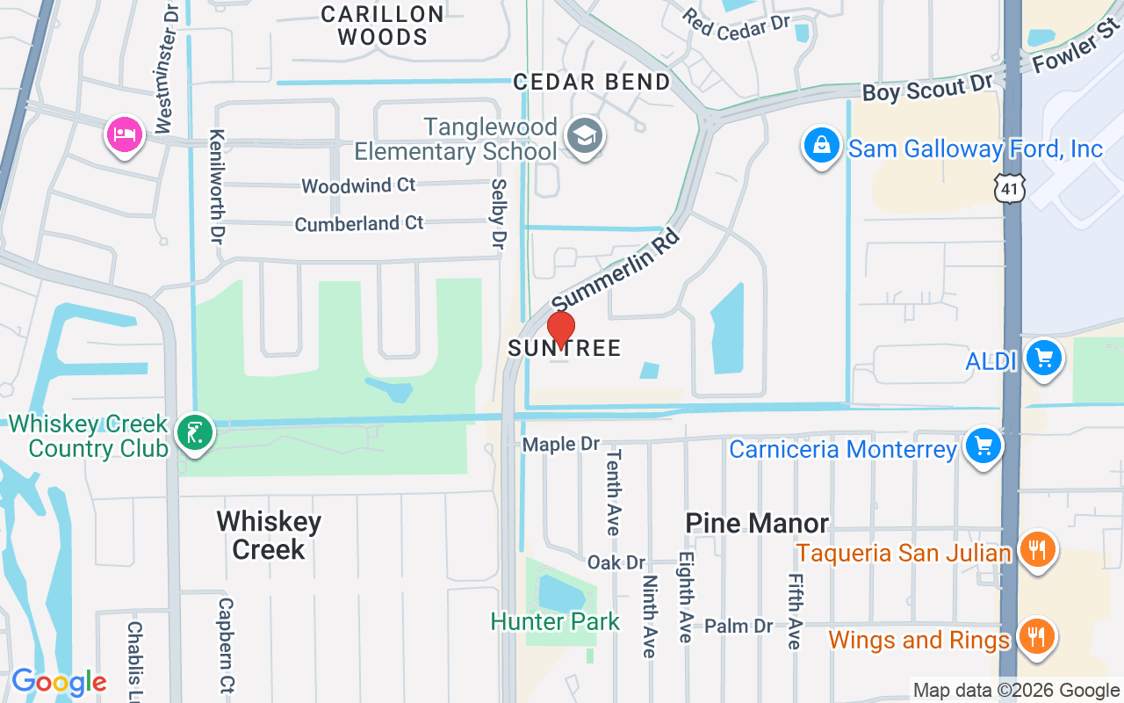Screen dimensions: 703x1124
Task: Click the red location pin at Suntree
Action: pyautogui.click(x=560, y=330)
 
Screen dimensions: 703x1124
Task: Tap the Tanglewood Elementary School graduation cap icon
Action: pyautogui.click(x=583, y=136)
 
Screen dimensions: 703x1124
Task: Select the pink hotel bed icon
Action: pyautogui.click(x=124, y=134)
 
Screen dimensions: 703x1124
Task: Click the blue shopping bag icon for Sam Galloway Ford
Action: pyautogui.click(x=821, y=145)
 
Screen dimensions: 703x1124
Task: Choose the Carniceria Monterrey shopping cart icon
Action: pyautogui.click(x=983, y=446)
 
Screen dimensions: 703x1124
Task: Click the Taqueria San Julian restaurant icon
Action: pyautogui.click(x=1037, y=551)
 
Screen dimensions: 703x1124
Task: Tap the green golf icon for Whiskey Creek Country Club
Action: pyautogui.click(x=194, y=432)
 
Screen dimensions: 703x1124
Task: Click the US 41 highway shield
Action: pyautogui.click(x=1009, y=187)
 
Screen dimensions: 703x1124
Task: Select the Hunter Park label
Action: pyautogui.click(x=555, y=621)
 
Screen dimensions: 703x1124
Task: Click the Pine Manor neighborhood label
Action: pyautogui.click(x=757, y=523)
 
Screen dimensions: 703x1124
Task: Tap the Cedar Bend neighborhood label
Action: pyautogui.click(x=592, y=82)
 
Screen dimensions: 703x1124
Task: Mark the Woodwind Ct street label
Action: pyautogui.click(x=358, y=185)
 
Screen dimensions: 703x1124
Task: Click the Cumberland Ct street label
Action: pyautogui.click(x=359, y=223)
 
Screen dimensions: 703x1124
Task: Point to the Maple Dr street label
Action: pyautogui.click(x=560, y=445)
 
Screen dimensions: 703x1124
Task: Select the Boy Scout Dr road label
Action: pyautogui.click(x=926, y=87)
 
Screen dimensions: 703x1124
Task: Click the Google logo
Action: pyautogui.click(x=59, y=681)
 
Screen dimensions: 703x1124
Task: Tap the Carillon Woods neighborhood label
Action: pyautogui.click(x=382, y=25)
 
